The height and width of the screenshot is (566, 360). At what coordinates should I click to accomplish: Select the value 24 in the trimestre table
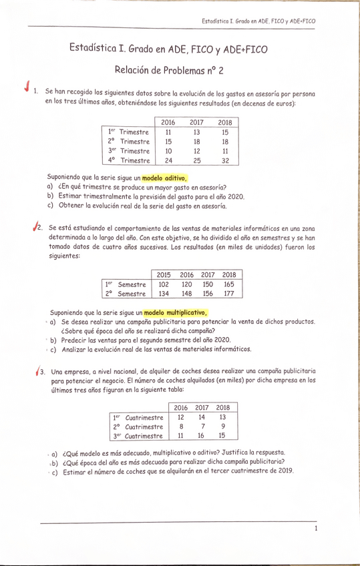pyautogui.click(x=168, y=161)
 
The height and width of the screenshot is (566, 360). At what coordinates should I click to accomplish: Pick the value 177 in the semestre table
pyautogui.click(x=229, y=294)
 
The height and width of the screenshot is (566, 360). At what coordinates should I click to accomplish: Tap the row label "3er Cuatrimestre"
pyautogui.click(x=137, y=436)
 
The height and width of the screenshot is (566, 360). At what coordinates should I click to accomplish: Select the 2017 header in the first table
pyautogui.click(x=196, y=122)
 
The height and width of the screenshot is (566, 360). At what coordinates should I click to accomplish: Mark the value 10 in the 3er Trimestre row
pyautogui.click(x=168, y=152)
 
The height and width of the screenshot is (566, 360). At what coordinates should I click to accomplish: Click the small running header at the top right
pyautogui.click(x=258, y=21)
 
